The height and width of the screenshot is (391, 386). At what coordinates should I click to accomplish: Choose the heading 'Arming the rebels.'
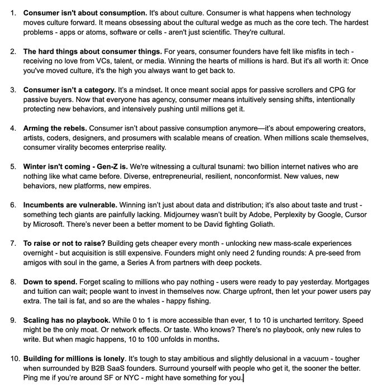(x=55, y=128)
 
